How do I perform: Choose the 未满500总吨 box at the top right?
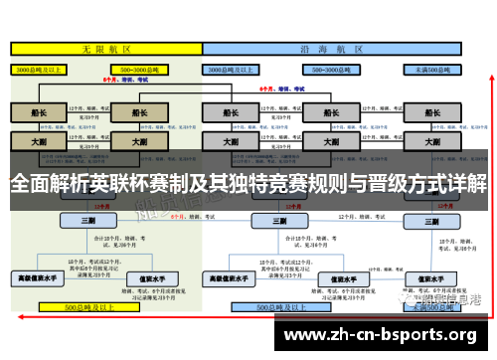click(434, 71)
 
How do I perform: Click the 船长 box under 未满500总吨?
click(434, 112)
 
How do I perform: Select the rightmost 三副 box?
click(434, 220)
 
